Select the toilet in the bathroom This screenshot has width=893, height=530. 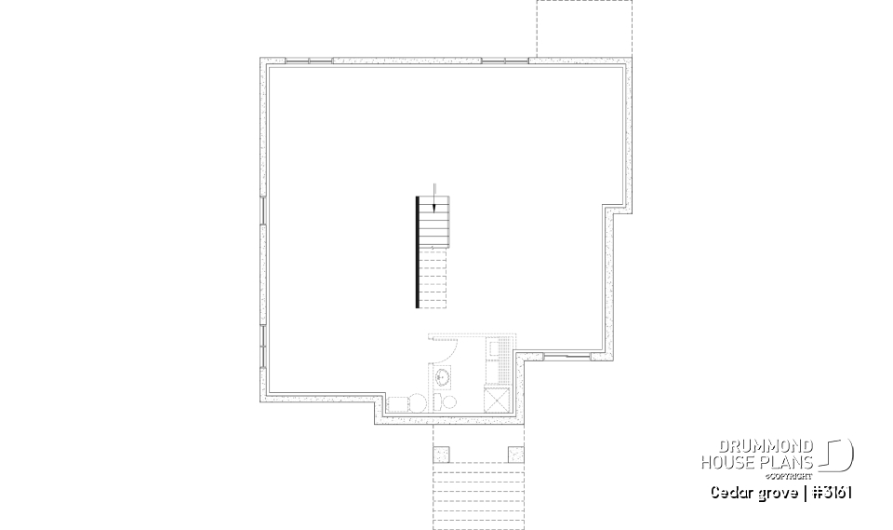tap(448, 402)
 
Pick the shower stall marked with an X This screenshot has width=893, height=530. tap(497, 400)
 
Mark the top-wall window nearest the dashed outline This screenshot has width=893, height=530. tap(505, 61)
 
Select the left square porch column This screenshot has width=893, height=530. tap(441, 454)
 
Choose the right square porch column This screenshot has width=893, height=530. tap(515, 454)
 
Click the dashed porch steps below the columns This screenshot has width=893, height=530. tap(478, 494)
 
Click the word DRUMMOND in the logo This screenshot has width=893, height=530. tap(768, 446)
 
